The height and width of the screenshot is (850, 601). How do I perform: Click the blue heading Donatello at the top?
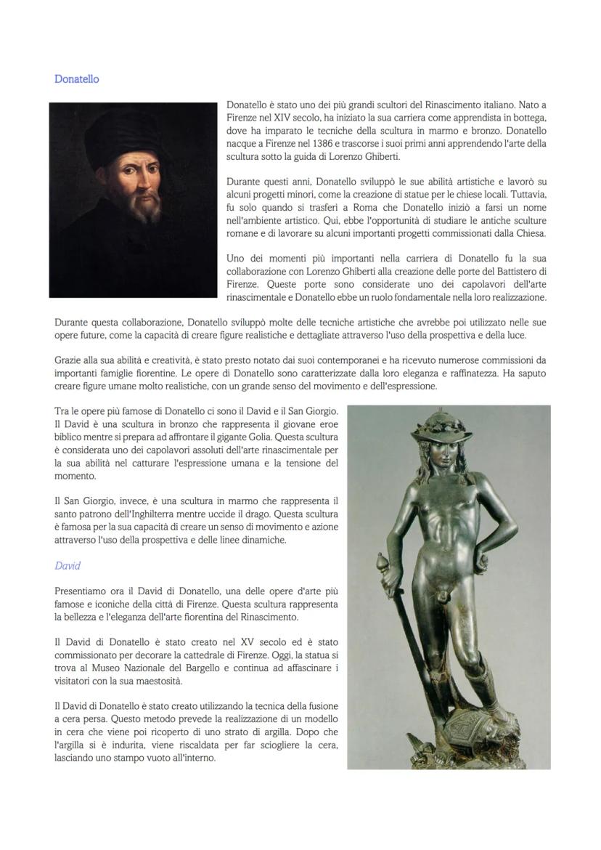pos(76,79)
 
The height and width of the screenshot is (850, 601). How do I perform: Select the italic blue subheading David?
pos(67,565)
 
